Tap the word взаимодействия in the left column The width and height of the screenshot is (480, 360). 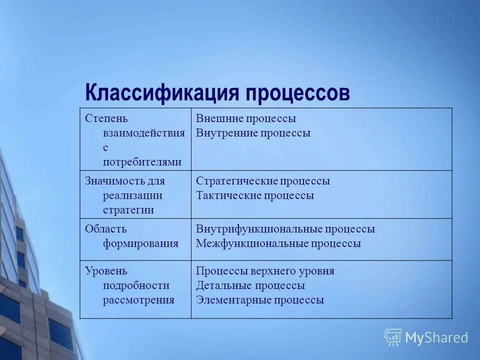[143, 133]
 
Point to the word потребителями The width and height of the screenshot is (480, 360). [142, 162]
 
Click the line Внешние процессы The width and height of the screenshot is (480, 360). [245, 118]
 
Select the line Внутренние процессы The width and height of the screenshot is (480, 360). [253, 133]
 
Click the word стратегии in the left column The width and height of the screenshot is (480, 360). [128, 210]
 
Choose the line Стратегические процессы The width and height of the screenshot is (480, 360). [262, 181]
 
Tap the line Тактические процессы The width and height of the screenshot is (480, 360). [254, 195]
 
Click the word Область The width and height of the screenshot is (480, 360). [105, 229]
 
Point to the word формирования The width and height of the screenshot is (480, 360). [140, 243]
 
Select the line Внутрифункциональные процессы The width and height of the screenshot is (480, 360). [285, 229]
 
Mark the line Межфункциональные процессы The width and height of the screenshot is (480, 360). [278, 243]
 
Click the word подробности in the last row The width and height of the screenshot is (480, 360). [136, 285]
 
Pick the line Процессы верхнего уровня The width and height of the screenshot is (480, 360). [265, 271]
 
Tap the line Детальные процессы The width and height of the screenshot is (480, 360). [250, 285]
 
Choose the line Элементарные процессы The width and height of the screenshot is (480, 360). [259, 300]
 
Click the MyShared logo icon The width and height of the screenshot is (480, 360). [393, 337]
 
